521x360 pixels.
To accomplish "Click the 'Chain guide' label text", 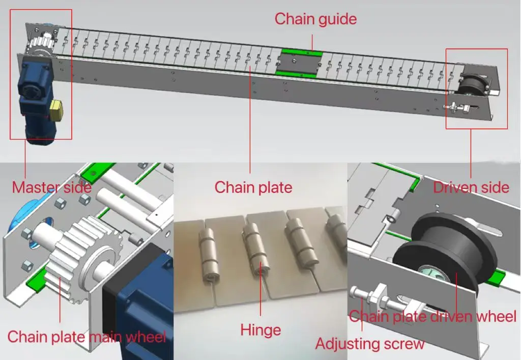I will [x=315, y=19].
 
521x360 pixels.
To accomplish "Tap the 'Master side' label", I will [x=51, y=187].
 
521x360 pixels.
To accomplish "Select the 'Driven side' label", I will [x=471, y=187].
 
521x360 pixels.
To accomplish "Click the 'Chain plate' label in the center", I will [x=253, y=187].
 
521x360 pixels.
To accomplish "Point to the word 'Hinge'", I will [x=260, y=330].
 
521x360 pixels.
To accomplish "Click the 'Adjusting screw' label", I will [x=369, y=343].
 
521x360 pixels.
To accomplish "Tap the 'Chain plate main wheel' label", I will [x=86, y=337].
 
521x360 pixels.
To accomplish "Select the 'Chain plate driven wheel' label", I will [x=432, y=316].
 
